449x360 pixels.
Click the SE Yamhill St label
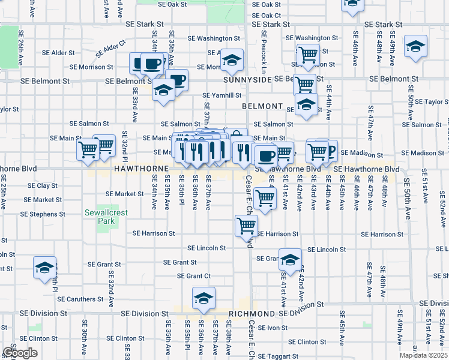[221, 95]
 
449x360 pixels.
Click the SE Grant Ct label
[193, 276]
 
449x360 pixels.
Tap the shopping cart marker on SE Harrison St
[246, 225]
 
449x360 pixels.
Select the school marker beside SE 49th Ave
[415, 47]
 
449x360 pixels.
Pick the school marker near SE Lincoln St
[290, 259]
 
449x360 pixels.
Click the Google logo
[20, 353]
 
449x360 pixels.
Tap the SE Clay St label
[43, 185]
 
